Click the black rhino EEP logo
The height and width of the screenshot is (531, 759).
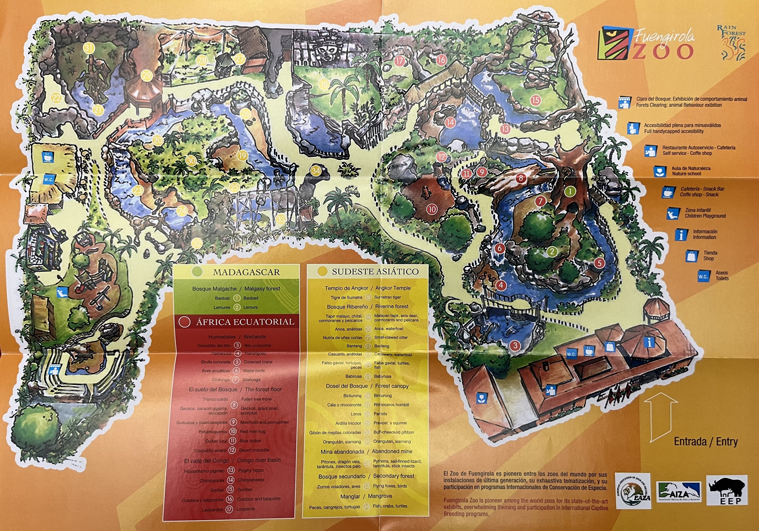[727, 490]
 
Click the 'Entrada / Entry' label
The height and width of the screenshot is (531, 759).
[706, 442]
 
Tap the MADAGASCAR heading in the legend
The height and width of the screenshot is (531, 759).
[246, 272]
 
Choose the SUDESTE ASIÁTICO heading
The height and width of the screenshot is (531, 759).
[375, 272]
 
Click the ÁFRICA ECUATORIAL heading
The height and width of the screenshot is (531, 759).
[245, 322]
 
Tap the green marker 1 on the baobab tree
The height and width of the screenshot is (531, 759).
[570, 191]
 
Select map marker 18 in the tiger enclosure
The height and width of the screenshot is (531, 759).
[323, 84]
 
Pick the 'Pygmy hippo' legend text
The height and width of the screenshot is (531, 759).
[251, 470]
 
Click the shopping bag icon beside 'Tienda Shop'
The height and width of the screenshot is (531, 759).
[692, 256]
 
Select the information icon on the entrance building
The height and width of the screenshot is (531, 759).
[650, 343]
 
